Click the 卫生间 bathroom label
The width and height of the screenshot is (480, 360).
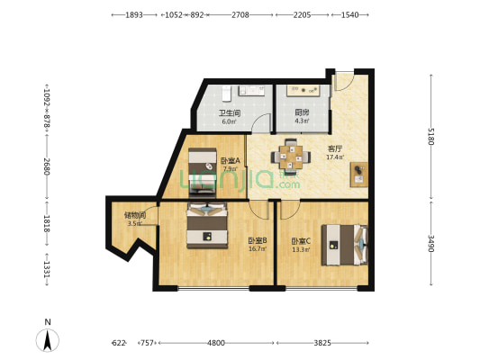(230, 113)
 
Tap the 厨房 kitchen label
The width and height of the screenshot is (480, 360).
(302, 112)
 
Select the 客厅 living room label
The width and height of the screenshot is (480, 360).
(335, 149)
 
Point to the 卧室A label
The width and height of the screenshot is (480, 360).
(231, 160)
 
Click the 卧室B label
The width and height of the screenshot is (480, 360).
(258, 240)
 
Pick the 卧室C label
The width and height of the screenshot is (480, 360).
(301, 241)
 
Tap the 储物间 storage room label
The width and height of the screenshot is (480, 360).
(135, 215)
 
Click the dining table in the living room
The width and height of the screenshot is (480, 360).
(291, 157)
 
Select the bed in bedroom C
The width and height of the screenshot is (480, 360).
(344, 245)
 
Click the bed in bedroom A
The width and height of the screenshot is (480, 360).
(202, 172)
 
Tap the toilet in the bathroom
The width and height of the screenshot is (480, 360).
(226, 94)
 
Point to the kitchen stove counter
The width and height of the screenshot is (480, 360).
(303, 91)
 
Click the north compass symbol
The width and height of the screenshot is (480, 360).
(48, 340)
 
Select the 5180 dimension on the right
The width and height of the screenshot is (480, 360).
(431, 137)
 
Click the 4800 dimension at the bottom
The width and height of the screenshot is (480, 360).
(216, 343)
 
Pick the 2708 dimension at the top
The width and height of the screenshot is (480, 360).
(240, 14)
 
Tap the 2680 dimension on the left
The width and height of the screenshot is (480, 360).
(47, 166)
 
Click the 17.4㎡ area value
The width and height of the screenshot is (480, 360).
(335, 157)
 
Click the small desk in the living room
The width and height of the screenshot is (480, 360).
(358, 175)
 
